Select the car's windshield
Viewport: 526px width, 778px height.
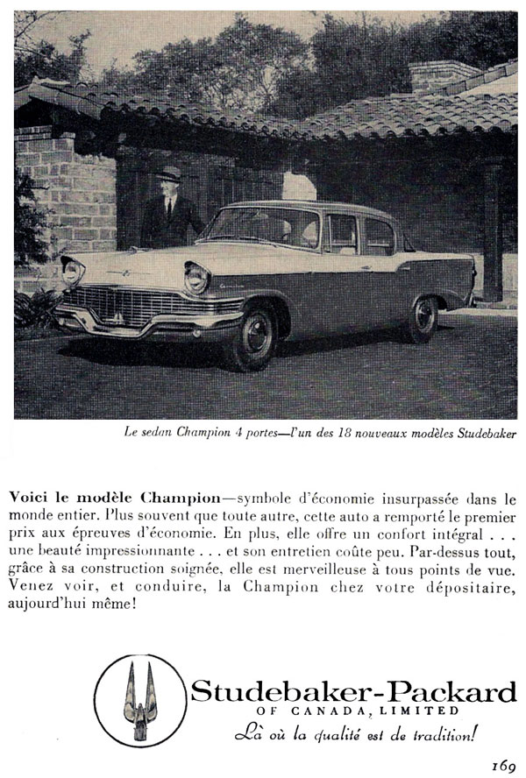pyautogui.click(x=262, y=227)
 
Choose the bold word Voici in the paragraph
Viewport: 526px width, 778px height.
pyautogui.click(x=28, y=496)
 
